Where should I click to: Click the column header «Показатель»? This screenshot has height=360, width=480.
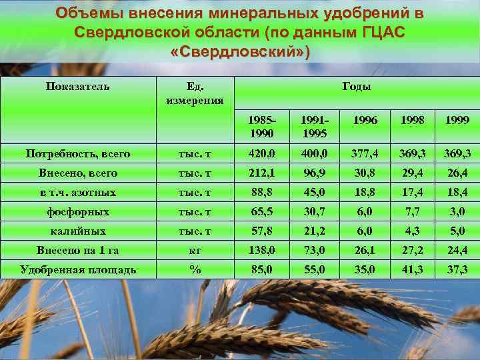pos(78,87)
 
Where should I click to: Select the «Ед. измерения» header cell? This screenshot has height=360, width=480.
pos(195,93)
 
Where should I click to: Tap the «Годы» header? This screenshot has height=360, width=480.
pos(357,87)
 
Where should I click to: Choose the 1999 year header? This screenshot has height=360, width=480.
pos(456,121)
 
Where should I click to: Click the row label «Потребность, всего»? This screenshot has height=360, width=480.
pos(78,154)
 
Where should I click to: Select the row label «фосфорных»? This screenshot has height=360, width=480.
pos(78,211)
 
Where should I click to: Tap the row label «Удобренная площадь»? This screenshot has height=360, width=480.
pos(78,269)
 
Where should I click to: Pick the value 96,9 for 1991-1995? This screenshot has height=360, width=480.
pos(314,173)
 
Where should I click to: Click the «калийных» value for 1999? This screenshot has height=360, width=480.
pos(456,231)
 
